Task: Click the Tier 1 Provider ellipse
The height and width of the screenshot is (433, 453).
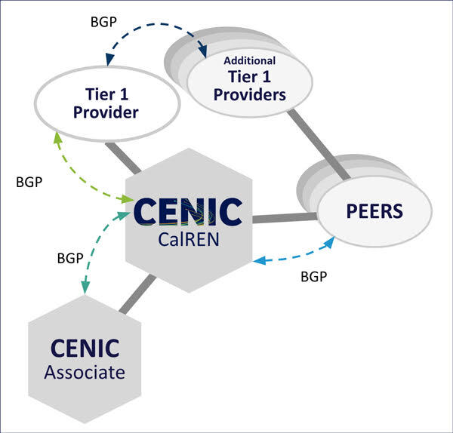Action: point(106,103)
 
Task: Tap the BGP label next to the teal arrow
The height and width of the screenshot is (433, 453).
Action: point(70,258)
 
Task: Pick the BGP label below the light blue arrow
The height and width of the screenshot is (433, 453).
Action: point(313,277)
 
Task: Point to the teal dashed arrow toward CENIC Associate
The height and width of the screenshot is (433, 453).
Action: point(94,241)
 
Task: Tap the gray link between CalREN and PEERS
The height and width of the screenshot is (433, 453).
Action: point(283,218)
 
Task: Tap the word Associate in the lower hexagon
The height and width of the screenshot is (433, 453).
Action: point(85,372)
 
